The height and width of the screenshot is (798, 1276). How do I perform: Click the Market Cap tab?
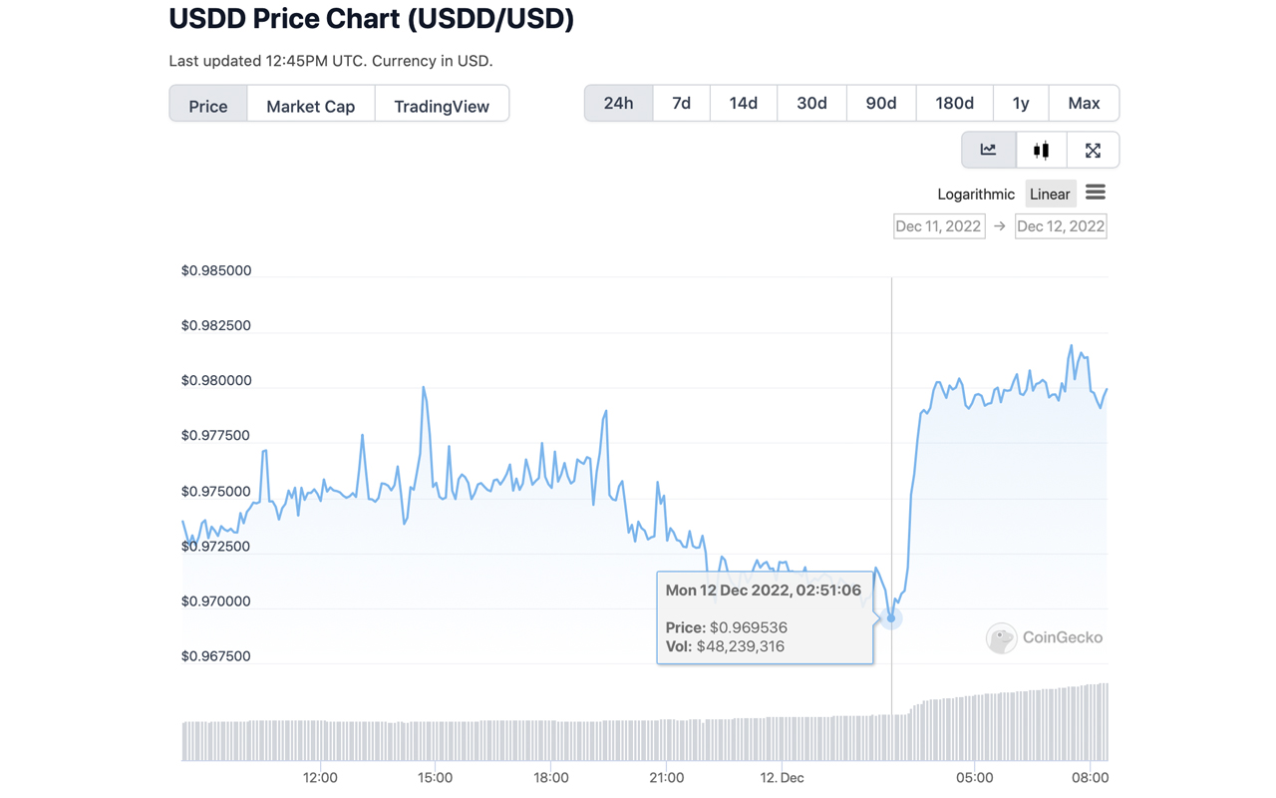click(310, 106)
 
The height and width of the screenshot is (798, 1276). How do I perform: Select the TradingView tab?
click(442, 106)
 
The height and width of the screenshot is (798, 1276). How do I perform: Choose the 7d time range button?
click(681, 103)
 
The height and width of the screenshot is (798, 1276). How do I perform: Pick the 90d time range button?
click(880, 103)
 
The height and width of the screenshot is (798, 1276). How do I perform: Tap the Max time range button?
click(1084, 103)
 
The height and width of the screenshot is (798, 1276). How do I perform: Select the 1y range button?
click(1020, 103)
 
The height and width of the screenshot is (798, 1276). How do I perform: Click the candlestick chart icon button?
click(1041, 151)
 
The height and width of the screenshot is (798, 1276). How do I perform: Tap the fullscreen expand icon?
click(1093, 151)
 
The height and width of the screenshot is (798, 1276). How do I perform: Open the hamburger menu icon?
click(1096, 193)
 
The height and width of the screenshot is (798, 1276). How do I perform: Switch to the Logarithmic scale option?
click(975, 195)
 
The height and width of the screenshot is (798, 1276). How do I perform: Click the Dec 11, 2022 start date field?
click(938, 226)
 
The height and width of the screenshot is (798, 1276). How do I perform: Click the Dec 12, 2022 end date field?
click(1060, 226)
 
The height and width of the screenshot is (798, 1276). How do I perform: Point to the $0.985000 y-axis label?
click(216, 270)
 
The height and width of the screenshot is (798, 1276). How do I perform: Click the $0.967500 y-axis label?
click(216, 656)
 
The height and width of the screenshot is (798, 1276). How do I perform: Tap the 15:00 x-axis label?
click(436, 778)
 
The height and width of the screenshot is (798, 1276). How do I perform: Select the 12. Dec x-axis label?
click(782, 778)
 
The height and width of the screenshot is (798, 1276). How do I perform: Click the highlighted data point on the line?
click(891, 618)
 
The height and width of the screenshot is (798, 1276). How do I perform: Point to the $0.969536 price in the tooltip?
click(748, 627)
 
